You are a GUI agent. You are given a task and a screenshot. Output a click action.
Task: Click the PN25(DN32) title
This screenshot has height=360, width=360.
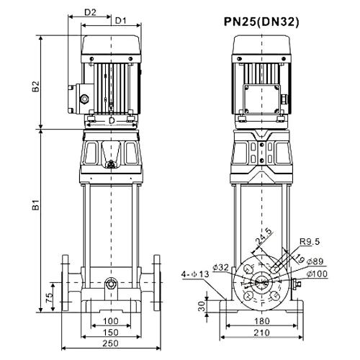coord(261,22)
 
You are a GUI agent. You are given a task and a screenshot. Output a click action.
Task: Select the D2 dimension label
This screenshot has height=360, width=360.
coord(90,12)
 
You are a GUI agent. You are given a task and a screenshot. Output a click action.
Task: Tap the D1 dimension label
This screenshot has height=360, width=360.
coord(121,21)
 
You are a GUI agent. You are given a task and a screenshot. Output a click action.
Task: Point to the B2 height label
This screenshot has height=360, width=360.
coord(36,86)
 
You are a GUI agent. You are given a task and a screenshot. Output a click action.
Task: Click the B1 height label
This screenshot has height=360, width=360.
coord(36,204)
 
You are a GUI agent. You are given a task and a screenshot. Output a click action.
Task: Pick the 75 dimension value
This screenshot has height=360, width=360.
coord(49,298)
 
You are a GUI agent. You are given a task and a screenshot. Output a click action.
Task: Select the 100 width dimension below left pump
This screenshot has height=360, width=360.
coord(111,321)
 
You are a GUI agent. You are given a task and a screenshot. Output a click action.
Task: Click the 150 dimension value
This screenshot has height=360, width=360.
coord(111,333)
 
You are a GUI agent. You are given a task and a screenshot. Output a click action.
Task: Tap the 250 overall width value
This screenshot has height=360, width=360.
coord(111,343)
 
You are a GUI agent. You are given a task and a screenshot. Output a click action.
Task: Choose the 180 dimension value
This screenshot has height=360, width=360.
coord(262,321)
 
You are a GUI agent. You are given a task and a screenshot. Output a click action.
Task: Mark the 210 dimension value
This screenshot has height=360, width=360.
coord(262,333)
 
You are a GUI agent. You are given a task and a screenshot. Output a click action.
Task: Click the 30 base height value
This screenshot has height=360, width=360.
coord(202,306)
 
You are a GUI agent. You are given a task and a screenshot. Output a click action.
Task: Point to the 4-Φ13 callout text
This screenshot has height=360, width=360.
coord(195,274)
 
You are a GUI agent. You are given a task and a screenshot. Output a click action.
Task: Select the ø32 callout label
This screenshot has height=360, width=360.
coord(221,267)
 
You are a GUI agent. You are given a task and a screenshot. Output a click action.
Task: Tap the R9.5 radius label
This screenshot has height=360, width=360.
coord(310,242)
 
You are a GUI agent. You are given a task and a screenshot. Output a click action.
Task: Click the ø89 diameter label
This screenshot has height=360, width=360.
coord(315,261)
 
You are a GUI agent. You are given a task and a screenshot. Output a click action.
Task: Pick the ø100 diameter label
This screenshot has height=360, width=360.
coord(317,274)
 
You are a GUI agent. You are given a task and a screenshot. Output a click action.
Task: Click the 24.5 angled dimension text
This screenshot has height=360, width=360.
coord(264,237)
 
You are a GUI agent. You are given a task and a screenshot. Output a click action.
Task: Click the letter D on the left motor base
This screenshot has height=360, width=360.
coord(112,120)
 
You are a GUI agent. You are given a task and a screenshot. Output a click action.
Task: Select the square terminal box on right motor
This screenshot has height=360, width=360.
coord(261,99)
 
